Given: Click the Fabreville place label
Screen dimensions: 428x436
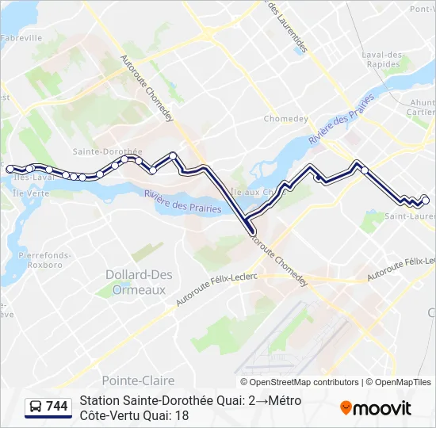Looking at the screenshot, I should click(21, 38).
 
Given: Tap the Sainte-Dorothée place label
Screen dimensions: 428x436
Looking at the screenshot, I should click(107, 151).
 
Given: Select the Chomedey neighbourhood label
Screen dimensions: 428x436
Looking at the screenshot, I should click(285, 120).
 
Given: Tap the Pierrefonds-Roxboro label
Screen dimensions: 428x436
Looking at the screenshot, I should click(45, 261).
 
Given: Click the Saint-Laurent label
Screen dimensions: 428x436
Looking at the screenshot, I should click(410, 216).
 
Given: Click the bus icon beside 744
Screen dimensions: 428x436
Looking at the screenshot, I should click(36, 407).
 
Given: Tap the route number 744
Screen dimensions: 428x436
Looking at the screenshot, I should click(57, 407).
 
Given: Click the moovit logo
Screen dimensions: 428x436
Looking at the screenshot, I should click(376, 408).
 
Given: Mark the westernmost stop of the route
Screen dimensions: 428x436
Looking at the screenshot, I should click(10, 169).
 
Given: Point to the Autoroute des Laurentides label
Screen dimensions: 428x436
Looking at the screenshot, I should click(286, 27).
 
